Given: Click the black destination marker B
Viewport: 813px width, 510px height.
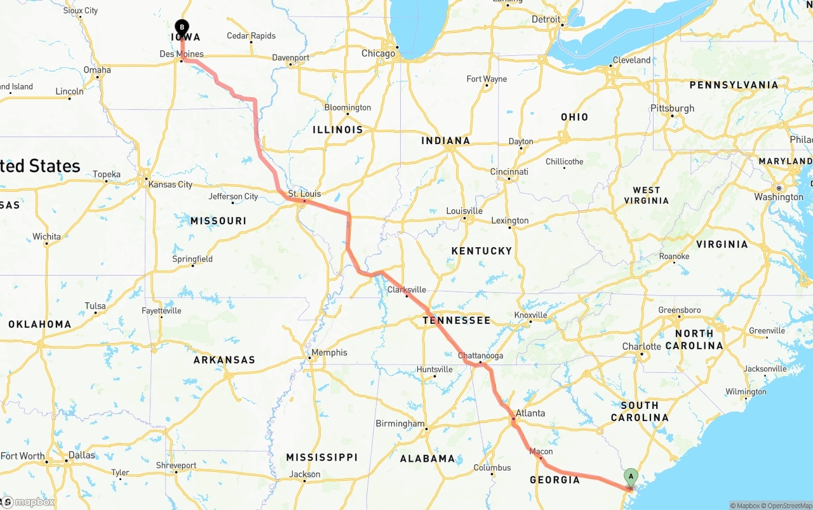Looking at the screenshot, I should tap(182, 27).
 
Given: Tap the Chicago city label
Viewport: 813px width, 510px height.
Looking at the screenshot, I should tap(378, 53).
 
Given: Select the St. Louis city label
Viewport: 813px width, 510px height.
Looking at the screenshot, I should tap(304, 194).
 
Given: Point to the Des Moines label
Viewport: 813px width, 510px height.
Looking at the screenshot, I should tap(181, 54).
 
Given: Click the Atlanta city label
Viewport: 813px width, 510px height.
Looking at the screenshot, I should tap(530, 413).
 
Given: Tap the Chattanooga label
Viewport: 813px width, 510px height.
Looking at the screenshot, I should tap(480, 356).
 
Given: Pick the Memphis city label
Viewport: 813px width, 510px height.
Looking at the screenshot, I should tap(329, 352).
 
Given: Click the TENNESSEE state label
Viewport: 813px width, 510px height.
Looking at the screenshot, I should tap(457, 320).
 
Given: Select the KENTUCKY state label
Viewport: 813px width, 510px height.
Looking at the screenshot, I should tap(481, 251).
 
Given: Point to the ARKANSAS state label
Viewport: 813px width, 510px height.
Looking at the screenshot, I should tap(224, 360).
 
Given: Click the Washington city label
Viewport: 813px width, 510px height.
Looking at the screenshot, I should tap(779, 197).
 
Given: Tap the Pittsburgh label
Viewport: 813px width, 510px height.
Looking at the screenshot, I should tap(673, 108).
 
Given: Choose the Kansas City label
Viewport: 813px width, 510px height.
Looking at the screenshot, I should tap(170, 184).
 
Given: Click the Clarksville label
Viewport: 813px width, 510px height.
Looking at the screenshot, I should tap(406, 290).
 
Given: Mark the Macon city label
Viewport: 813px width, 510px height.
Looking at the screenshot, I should tap(541, 452).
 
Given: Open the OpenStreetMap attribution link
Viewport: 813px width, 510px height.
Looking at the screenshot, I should tap(788, 506).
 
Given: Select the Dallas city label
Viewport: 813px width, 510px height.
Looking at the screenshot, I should tap(81, 455).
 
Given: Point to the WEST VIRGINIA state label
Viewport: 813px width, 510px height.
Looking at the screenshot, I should tap(646, 195).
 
